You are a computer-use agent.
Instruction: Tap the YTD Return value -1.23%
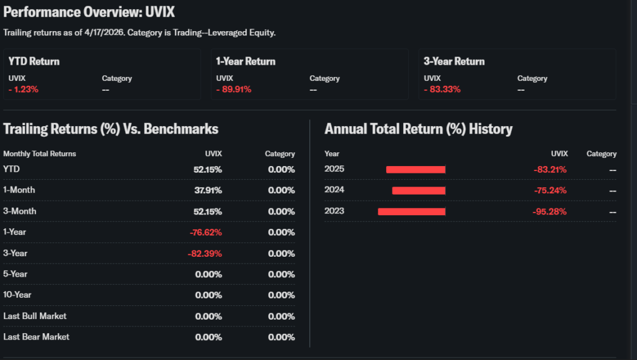coord(24,90)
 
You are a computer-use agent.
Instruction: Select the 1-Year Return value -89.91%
coord(234,90)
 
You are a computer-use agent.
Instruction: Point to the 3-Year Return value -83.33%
coord(442,90)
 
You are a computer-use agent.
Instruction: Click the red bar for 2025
coord(416,169)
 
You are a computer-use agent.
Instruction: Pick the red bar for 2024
coord(419,190)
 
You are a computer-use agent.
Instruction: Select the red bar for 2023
coord(412,211)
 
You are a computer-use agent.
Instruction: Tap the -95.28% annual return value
coord(550,211)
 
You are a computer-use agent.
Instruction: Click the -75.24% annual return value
coord(550,190)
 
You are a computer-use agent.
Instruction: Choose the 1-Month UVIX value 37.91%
coord(208,190)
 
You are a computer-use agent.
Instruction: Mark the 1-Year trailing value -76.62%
coord(205,233)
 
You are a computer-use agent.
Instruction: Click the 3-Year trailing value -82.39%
coord(205,254)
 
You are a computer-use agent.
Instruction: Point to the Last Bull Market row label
coord(35,316)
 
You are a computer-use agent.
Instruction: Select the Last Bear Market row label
coord(36,337)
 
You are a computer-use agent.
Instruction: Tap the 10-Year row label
coord(17,295)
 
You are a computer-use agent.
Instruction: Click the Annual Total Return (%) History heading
coord(418,129)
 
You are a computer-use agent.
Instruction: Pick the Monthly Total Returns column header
coord(40,154)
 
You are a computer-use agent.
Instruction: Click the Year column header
coord(332,154)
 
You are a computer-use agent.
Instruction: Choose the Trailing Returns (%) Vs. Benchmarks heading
coord(111,129)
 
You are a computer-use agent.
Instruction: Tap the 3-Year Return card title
coord(454,62)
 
